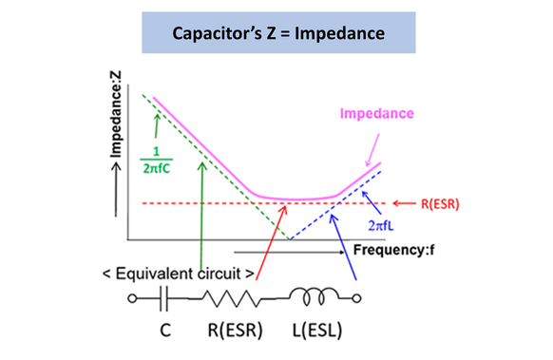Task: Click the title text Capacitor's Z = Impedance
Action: tap(276, 33)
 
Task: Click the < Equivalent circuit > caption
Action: tap(178, 274)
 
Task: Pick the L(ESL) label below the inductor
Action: tap(317, 333)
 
